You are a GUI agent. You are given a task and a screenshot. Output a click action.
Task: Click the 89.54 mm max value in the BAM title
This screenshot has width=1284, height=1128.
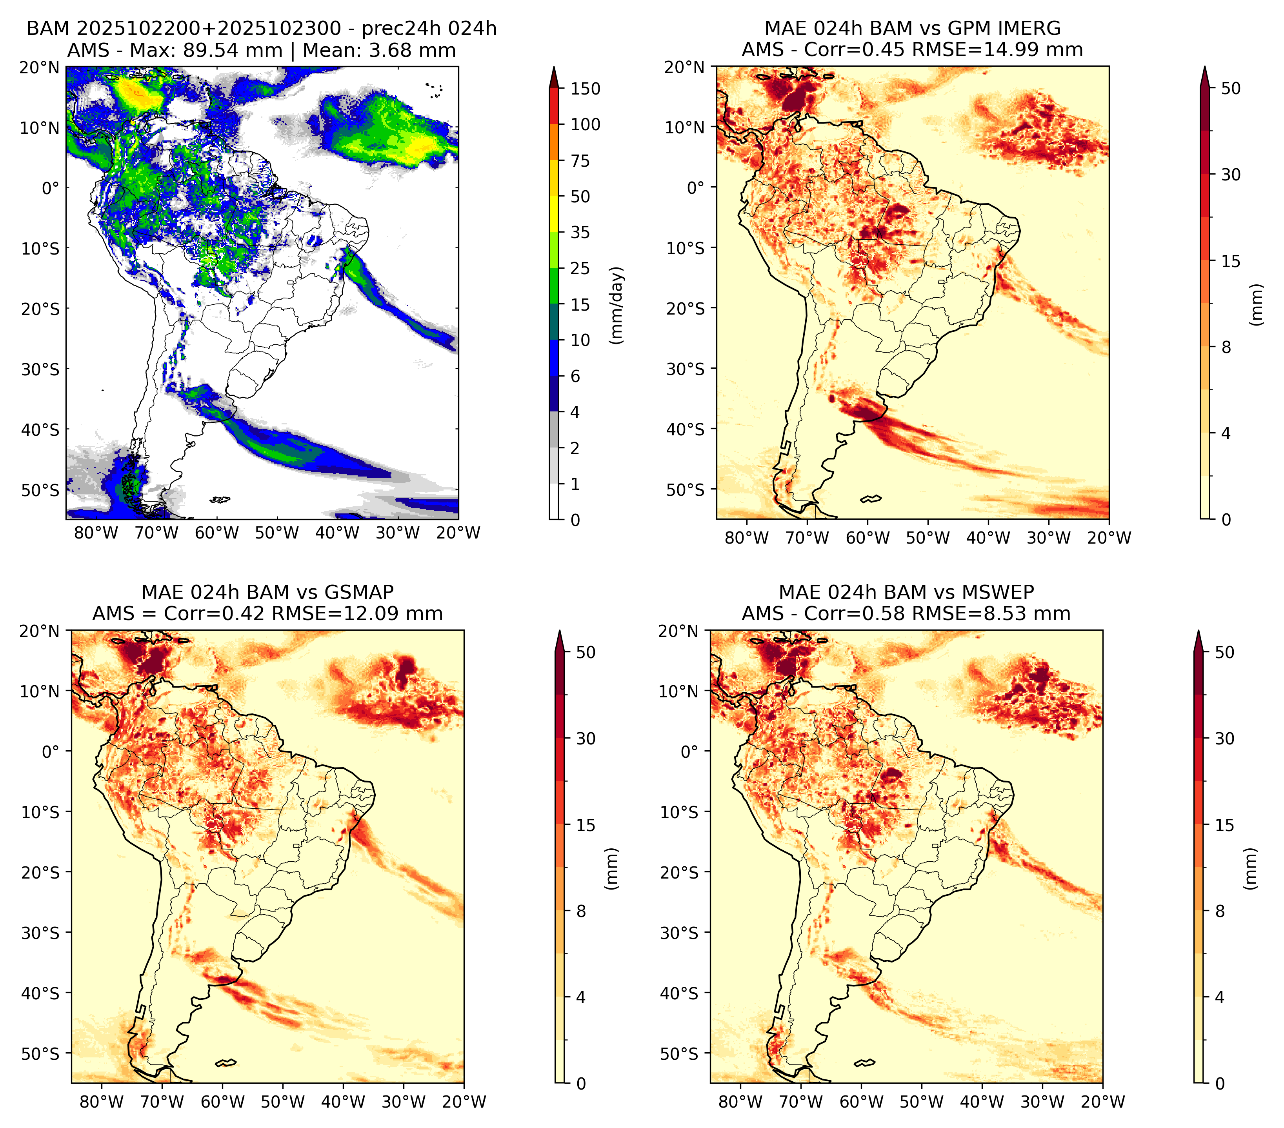coord(233,50)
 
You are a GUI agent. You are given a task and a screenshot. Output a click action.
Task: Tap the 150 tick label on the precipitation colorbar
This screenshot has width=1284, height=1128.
coord(586,89)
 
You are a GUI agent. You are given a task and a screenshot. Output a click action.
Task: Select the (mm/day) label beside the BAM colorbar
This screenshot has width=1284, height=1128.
coord(618,305)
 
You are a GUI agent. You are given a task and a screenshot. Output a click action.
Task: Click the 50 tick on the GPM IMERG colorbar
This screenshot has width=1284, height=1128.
coord(1231,89)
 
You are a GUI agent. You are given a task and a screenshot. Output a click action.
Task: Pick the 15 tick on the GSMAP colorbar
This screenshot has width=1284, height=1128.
coord(586,825)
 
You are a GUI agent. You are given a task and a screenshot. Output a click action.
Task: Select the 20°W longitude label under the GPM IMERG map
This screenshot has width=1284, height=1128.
coord(1109,538)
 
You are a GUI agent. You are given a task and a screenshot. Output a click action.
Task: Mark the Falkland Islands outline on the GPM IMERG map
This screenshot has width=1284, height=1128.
coord(871,499)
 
